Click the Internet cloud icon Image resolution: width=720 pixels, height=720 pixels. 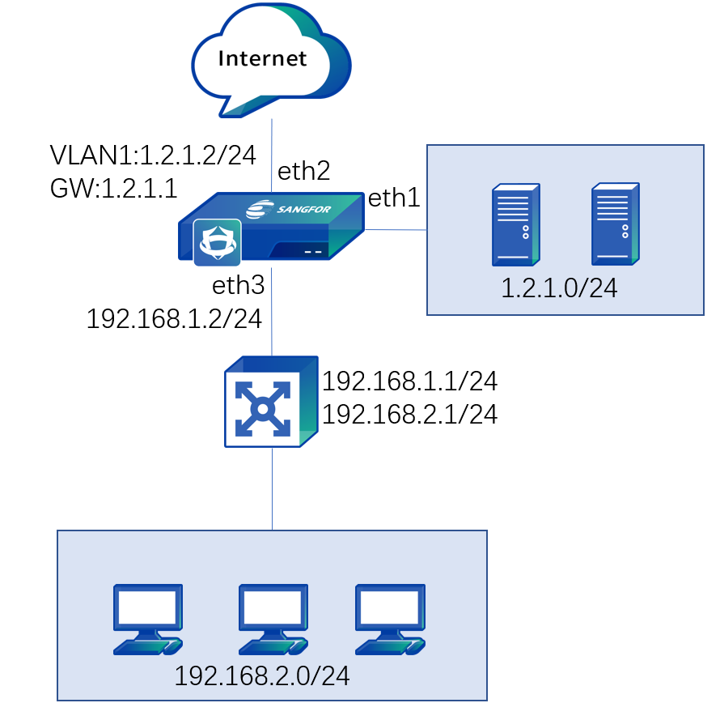[270, 59]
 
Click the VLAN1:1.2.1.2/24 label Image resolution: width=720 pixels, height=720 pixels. [153, 155]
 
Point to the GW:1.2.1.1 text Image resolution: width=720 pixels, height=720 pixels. [113, 189]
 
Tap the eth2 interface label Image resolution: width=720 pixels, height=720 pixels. [303, 171]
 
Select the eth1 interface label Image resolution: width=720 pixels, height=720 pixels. [394, 198]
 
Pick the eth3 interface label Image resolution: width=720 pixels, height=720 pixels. [238, 285]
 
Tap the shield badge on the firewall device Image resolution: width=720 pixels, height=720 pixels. [217, 242]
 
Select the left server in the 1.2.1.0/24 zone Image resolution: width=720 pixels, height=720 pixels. [515, 224]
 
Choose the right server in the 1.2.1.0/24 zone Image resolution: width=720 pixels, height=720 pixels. [615, 224]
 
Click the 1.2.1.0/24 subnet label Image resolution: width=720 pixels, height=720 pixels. [559, 288]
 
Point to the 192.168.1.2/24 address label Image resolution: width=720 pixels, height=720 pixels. [174, 319]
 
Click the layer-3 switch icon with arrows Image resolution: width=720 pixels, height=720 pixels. [270, 402]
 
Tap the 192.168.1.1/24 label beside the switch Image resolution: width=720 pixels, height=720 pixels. [409, 381]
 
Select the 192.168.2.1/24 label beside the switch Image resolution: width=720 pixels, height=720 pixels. [409, 415]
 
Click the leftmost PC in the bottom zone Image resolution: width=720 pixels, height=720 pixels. [148, 619]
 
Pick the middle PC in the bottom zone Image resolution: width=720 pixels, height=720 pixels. [273, 619]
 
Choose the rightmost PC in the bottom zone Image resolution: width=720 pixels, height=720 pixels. [390, 619]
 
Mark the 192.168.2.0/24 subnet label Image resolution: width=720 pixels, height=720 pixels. [262, 676]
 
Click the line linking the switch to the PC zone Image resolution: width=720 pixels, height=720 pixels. [272, 489]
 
